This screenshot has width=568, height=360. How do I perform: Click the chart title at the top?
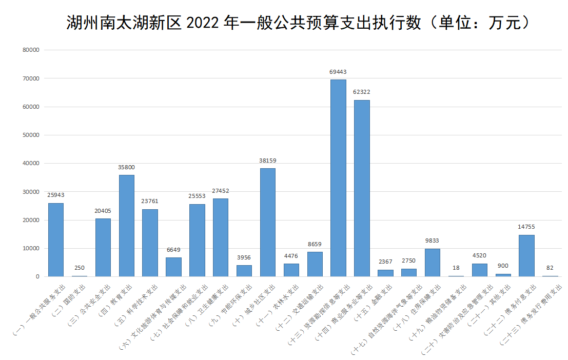[x=298, y=23]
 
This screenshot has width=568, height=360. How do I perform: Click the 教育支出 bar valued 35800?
[x=127, y=226]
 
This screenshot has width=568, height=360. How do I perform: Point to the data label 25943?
[x=56, y=195]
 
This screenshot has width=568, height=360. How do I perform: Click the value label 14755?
[x=526, y=227]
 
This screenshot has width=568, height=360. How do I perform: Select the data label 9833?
[x=432, y=241]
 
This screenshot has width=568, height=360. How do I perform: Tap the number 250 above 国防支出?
[x=80, y=268]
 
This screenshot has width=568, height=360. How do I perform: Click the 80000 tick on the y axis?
[x=31, y=50]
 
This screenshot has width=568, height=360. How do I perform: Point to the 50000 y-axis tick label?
[x=31, y=135]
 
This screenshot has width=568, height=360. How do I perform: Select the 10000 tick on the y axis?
[x=31, y=249]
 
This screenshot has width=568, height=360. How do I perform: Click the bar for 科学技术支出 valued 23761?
[x=150, y=243]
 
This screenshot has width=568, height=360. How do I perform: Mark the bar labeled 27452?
[x=221, y=237]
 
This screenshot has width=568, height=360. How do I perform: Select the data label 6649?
[x=173, y=250]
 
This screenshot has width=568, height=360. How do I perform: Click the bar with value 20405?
[x=103, y=247]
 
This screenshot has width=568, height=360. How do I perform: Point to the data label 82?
[x=550, y=268]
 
